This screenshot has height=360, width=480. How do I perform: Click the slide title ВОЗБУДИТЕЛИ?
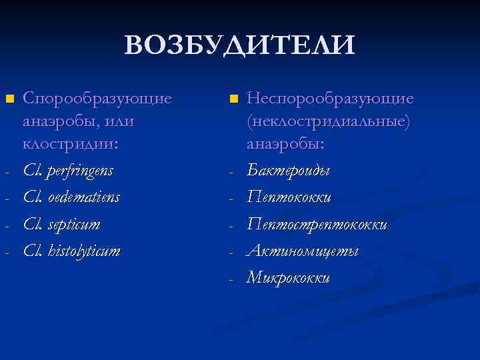pos(240,45)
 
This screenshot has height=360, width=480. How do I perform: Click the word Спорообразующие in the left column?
pos(97,99)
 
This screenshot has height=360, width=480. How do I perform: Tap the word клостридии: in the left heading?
pos(71,143)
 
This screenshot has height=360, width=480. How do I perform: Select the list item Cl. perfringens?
pos(68,171)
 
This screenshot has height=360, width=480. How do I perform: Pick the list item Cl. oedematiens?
pos(71,197)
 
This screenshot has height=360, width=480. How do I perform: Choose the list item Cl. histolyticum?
pos(71,251)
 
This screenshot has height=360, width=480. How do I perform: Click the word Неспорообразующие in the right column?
pos(330,99)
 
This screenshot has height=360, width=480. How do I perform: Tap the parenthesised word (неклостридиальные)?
pos(329,121)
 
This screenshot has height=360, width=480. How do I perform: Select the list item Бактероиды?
pos(289,171)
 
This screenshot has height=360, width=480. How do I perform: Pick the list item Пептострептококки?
pos(317,224)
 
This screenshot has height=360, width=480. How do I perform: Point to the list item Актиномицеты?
pos(303,251)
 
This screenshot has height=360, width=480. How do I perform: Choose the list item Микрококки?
pos(289,277)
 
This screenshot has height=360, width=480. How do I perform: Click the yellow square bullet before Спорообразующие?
pos(9,99)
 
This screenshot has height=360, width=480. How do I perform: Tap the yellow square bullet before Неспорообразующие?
pos(233,99)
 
